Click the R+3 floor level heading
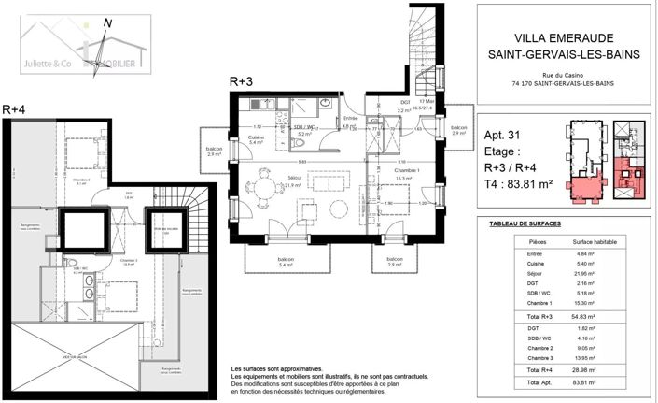[242, 82]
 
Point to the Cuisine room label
[254, 136]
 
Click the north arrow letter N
[108, 25]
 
